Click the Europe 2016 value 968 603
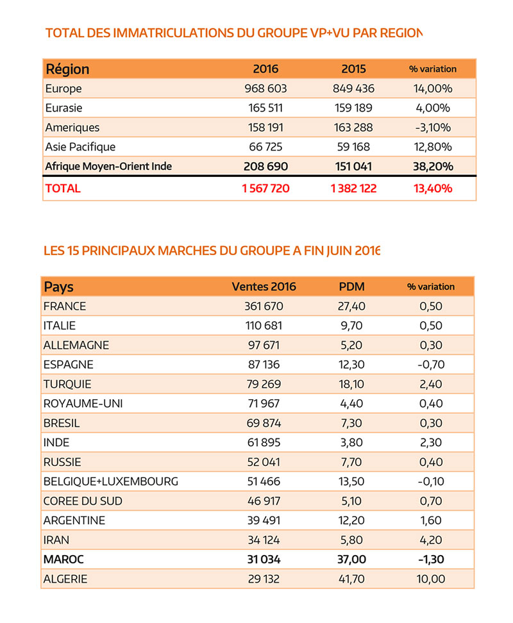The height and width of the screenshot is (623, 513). click(x=265, y=88)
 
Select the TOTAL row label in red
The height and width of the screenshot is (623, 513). click(x=63, y=188)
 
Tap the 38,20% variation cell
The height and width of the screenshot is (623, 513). click(x=432, y=166)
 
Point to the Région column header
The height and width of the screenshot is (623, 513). click(x=67, y=69)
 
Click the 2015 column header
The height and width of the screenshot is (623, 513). click(x=353, y=69)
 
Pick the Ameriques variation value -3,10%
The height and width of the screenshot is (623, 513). click(x=432, y=128)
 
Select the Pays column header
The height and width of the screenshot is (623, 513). click(x=58, y=287)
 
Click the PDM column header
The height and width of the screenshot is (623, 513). click(x=351, y=287)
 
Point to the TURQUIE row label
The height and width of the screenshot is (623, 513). click(x=67, y=385)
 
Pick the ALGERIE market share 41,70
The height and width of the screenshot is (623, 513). click(x=351, y=579)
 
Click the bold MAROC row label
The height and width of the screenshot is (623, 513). click(x=63, y=560)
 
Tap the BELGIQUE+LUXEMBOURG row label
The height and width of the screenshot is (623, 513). click(x=111, y=481)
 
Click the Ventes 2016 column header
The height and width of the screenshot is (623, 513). click(x=264, y=287)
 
